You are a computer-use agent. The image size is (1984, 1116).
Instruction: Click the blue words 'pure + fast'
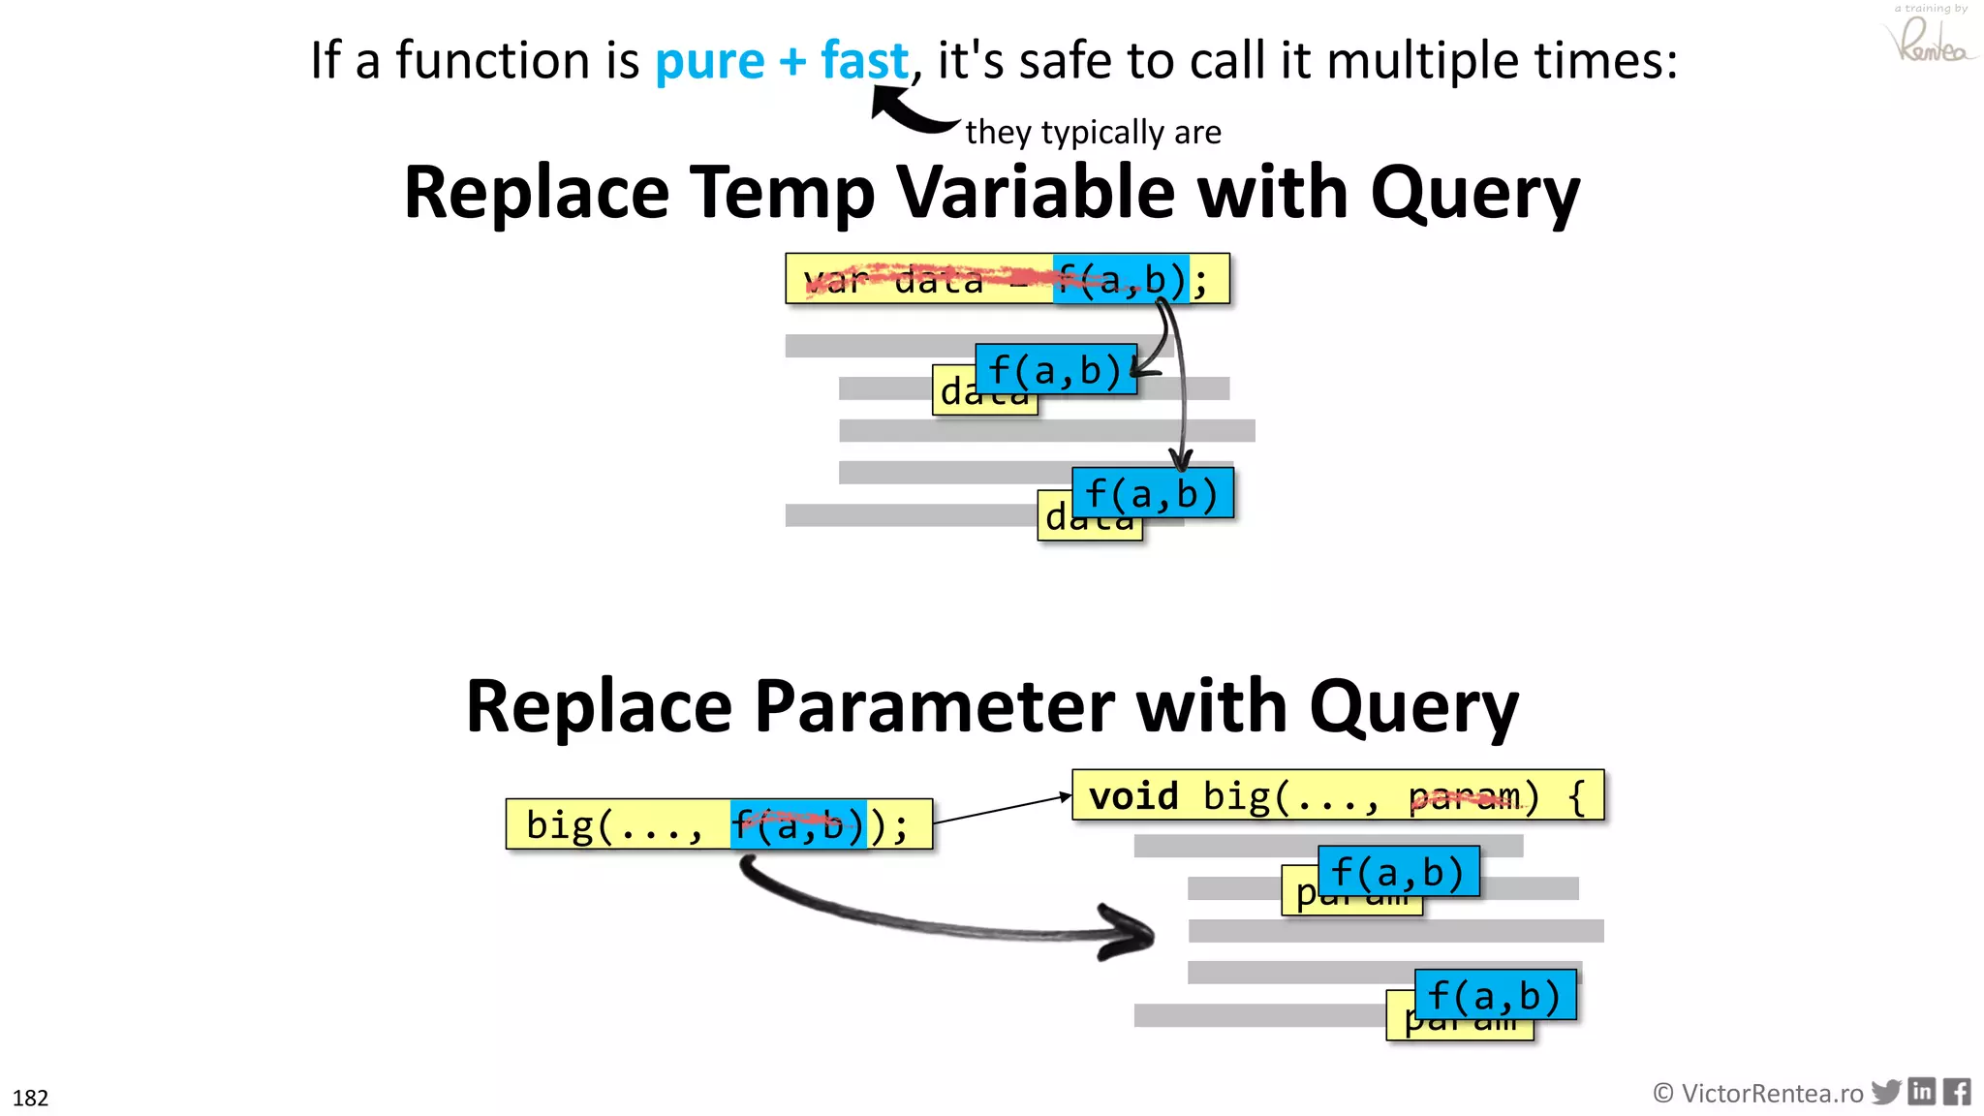point(782,61)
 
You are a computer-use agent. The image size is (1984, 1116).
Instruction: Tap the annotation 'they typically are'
point(1093,132)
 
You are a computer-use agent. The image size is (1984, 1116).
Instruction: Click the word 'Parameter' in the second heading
point(934,706)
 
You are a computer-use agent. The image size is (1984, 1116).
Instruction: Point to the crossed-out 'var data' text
point(891,281)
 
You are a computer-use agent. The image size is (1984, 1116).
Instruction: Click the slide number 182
point(30,1098)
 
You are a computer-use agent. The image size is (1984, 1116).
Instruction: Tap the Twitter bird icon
point(1885,1092)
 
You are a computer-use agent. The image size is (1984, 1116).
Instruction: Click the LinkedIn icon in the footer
point(1922,1092)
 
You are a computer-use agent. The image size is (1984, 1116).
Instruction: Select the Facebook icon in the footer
point(1957,1092)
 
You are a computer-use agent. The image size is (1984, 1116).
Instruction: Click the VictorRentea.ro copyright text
point(1758,1094)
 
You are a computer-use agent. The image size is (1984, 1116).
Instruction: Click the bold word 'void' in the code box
point(1132,796)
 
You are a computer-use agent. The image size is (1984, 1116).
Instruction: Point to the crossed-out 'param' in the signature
point(1464,796)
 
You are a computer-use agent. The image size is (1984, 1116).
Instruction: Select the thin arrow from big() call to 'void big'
point(1003,810)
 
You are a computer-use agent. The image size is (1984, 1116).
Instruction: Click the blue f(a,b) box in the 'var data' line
point(1120,280)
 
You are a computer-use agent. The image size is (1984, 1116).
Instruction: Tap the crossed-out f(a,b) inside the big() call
point(797,825)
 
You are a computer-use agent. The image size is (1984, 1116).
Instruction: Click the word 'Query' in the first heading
point(1474,194)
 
